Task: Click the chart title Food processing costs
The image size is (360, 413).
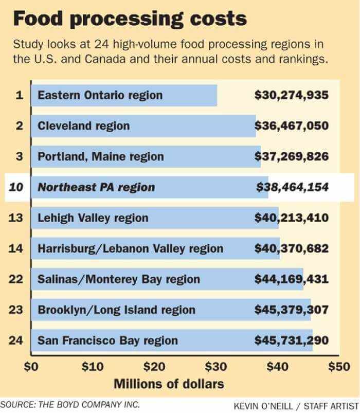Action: [x=130, y=20]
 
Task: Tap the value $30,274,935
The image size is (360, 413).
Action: [x=292, y=95]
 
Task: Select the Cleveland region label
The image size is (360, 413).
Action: [x=84, y=126]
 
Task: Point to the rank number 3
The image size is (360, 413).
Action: [x=19, y=156]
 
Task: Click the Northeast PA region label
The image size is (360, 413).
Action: [x=96, y=187]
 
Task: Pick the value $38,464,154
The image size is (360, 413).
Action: [x=292, y=187]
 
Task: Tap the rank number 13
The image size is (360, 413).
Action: [x=16, y=218]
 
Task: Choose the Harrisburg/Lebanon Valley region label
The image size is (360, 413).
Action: [x=131, y=248]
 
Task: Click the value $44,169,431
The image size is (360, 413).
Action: [x=292, y=279]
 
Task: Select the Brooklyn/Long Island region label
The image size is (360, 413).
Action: [x=117, y=310]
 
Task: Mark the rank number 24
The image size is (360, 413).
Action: [x=16, y=340]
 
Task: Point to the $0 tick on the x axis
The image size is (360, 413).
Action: [x=31, y=367]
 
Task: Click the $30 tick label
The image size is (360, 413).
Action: [x=215, y=367]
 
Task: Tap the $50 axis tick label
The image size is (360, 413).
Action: [x=338, y=367]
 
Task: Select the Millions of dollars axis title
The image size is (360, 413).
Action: [x=169, y=384]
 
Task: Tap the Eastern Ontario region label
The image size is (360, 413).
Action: [x=100, y=95]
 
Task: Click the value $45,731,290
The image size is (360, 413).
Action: [x=292, y=340]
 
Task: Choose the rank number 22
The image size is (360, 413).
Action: [x=16, y=279]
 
